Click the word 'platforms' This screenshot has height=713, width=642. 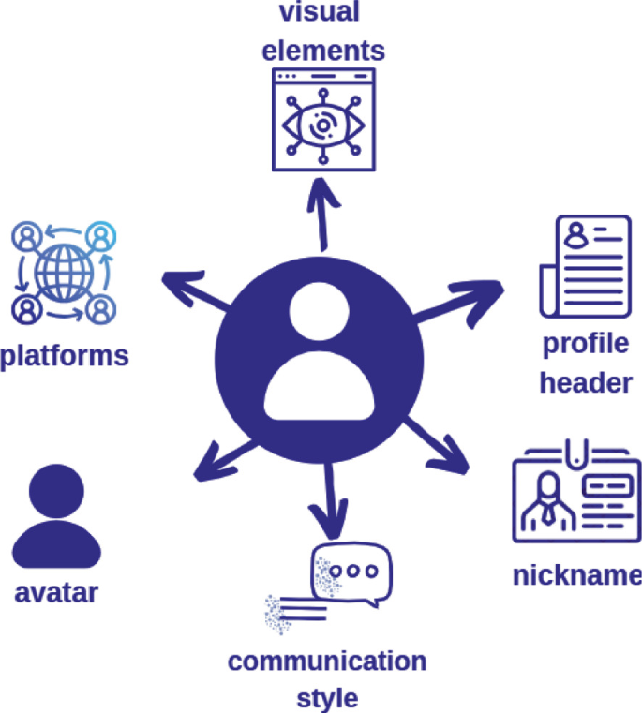(x=65, y=357)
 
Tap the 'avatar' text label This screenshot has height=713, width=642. (x=57, y=593)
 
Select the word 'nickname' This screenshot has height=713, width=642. (x=576, y=574)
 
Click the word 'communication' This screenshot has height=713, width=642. (x=327, y=661)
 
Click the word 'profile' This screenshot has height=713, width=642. (x=586, y=344)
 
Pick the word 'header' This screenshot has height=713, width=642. (x=587, y=382)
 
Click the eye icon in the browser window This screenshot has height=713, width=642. (x=322, y=125)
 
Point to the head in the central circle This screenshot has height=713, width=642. (x=319, y=316)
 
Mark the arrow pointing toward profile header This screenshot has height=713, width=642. (x=459, y=300)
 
